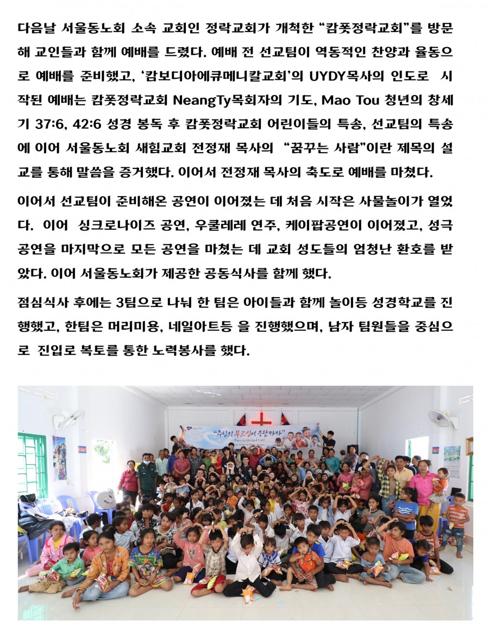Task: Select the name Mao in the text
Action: point(327,101)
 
